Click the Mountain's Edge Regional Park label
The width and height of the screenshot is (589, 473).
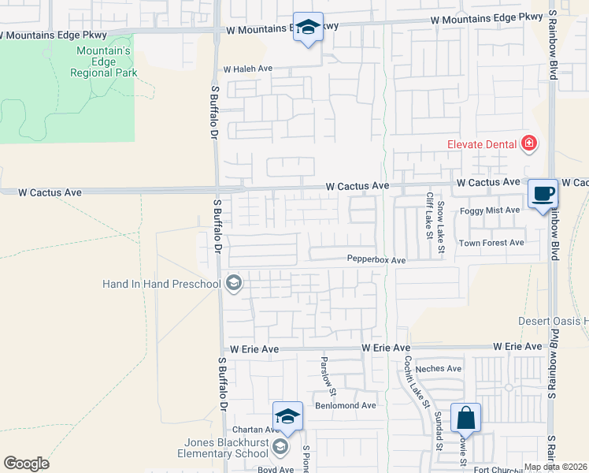click(x=103, y=61)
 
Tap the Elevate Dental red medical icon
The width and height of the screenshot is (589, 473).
click(x=529, y=143)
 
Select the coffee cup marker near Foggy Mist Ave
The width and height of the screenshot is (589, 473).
click(x=543, y=194)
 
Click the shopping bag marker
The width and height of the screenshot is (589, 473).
click(x=465, y=417)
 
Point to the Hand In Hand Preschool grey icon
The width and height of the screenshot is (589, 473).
click(x=233, y=283)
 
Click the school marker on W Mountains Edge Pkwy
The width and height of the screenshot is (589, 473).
click(x=308, y=28)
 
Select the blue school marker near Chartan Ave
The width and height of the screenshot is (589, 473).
click(x=288, y=416)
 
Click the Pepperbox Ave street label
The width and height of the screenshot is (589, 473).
click(x=376, y=260)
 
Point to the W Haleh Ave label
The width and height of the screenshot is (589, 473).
click(x=248, y=69)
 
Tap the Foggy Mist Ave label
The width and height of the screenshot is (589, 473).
click(x=491, y=210)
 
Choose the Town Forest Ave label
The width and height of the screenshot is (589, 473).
click(x=491, y=243)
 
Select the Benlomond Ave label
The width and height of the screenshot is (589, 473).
click(x=346, y=405)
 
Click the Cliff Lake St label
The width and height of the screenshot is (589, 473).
click(x=430, y=213)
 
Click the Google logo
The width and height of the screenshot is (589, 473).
click(x=26, y=464)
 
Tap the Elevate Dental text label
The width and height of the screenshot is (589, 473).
click(x=481, y=143)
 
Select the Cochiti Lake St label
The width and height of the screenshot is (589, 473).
click(x=413, y=376)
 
